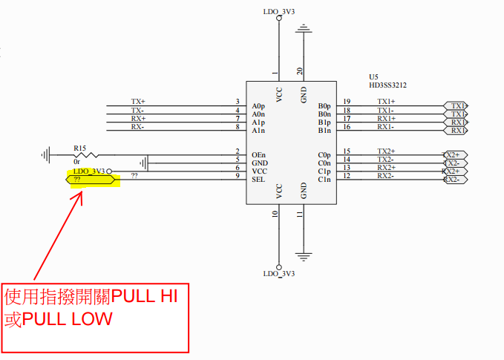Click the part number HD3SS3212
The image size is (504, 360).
pyautogui.click(x=387, y=85)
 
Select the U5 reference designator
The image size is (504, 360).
pyautogui.click(x=373, y=76)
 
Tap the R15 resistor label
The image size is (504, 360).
pyautogui.click(x=80, y=148)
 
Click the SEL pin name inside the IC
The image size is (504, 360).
pyautogui.click(x=258, y=180)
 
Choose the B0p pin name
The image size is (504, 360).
pyautogui.click(x=324, y=105)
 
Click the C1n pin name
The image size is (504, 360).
pyautogui.click(x=324, y=180)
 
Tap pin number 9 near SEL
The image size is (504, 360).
pyautogui.click(x=237, y=176)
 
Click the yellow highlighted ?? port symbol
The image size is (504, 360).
pyautogui.click(x=91, y=180)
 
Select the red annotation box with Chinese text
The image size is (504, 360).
pyautogui.click(x=95, y=317)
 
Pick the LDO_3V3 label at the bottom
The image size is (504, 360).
pyautogui.click(x=279, y=274)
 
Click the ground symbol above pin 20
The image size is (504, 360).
pyautogui.click(x=303, y=30)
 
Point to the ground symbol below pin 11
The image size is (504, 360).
pyautogui.click(x=303, y=258)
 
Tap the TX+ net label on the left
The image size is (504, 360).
pyautogui.click(x=138, y=102)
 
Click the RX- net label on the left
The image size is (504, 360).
pyautogui.click(x=138, y=127)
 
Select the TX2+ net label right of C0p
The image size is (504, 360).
pyautogui.click(x=386, y=151)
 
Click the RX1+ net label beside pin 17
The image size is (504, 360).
pyautogui.click(x=386, y=119)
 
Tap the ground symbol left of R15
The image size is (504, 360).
pyautogui.click(x=47, y=155)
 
